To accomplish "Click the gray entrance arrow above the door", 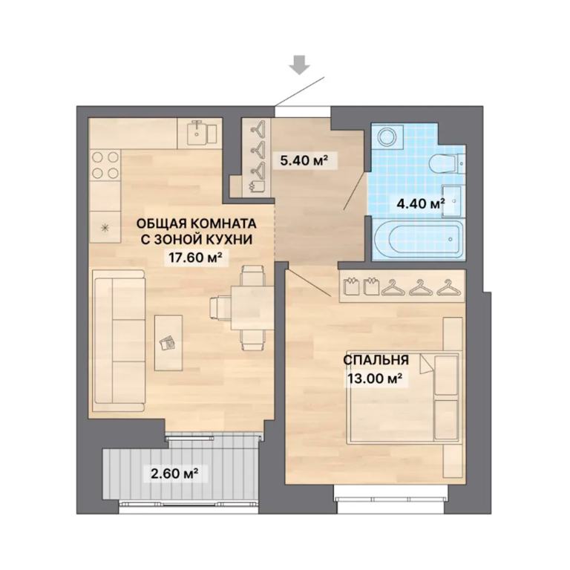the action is point(300,65).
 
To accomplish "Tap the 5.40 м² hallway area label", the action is point(304,160).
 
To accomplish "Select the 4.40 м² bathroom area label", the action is point(421,203).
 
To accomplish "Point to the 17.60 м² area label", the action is point(195,258).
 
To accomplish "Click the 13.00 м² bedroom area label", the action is point(375,379).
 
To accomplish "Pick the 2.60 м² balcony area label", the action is point(174,474).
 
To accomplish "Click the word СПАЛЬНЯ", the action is point(376,360).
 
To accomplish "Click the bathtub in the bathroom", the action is point(419,239).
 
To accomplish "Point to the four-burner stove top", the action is point(105,165).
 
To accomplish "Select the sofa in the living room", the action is point(119,341).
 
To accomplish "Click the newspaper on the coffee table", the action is point(168,343).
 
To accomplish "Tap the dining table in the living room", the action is point(252,307).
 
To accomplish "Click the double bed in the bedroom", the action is point(404,398).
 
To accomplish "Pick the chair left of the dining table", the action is point(220,307).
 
